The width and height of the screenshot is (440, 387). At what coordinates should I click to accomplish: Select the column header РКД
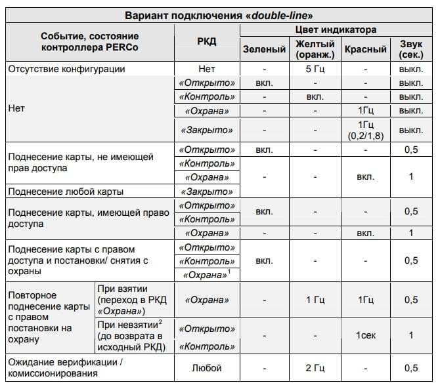tap(206, 42)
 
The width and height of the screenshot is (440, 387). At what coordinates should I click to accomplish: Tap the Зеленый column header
tap(264, 49)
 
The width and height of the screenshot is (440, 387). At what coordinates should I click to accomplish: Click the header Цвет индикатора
tap(337, 30)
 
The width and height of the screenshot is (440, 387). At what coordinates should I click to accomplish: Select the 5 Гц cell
tap(315, 69)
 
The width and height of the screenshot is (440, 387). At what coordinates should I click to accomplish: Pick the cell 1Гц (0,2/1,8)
tap(366, 130)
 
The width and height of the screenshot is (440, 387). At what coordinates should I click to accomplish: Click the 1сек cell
tap(366, 335)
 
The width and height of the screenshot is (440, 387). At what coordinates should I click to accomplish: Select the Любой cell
tap(206, 367)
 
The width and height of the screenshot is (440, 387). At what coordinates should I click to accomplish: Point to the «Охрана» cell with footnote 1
tap(206, 275)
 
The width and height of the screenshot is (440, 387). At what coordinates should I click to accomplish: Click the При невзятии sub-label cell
tap(132, 335)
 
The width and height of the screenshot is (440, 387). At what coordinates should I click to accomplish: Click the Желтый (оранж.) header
tap(315, 49)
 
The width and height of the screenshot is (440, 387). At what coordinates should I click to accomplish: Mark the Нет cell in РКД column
tap(206, 69)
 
